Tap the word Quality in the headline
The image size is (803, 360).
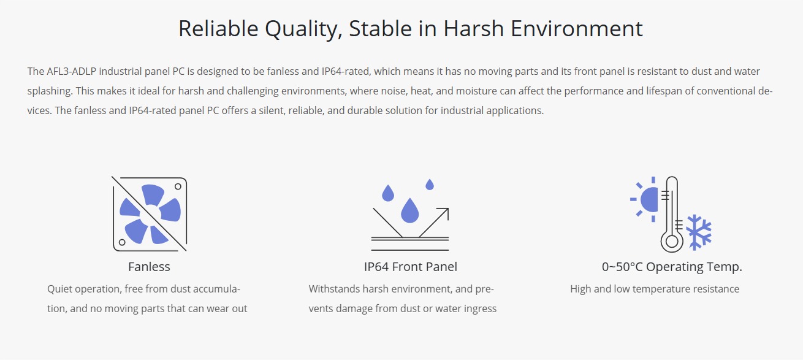tap(303, 29)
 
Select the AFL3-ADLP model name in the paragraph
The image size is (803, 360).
tap(72, 71)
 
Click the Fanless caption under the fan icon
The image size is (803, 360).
tap(149, 267)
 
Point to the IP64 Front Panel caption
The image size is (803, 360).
tap(411, 267)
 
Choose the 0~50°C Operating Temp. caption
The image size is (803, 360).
tap(672, 267)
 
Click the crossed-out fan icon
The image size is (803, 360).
tap(150, 213)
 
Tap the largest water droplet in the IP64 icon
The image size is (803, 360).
tap(409, 210)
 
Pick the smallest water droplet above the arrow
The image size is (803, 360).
tap(430, 185)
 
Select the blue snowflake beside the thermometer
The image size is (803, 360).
tap(699, 232)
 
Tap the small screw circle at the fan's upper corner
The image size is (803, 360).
tap(178, 186)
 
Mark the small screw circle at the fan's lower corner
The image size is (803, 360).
tap(122, 242)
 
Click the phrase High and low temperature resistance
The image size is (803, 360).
tap(655, 289)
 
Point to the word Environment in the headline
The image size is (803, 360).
tap(576, 28)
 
